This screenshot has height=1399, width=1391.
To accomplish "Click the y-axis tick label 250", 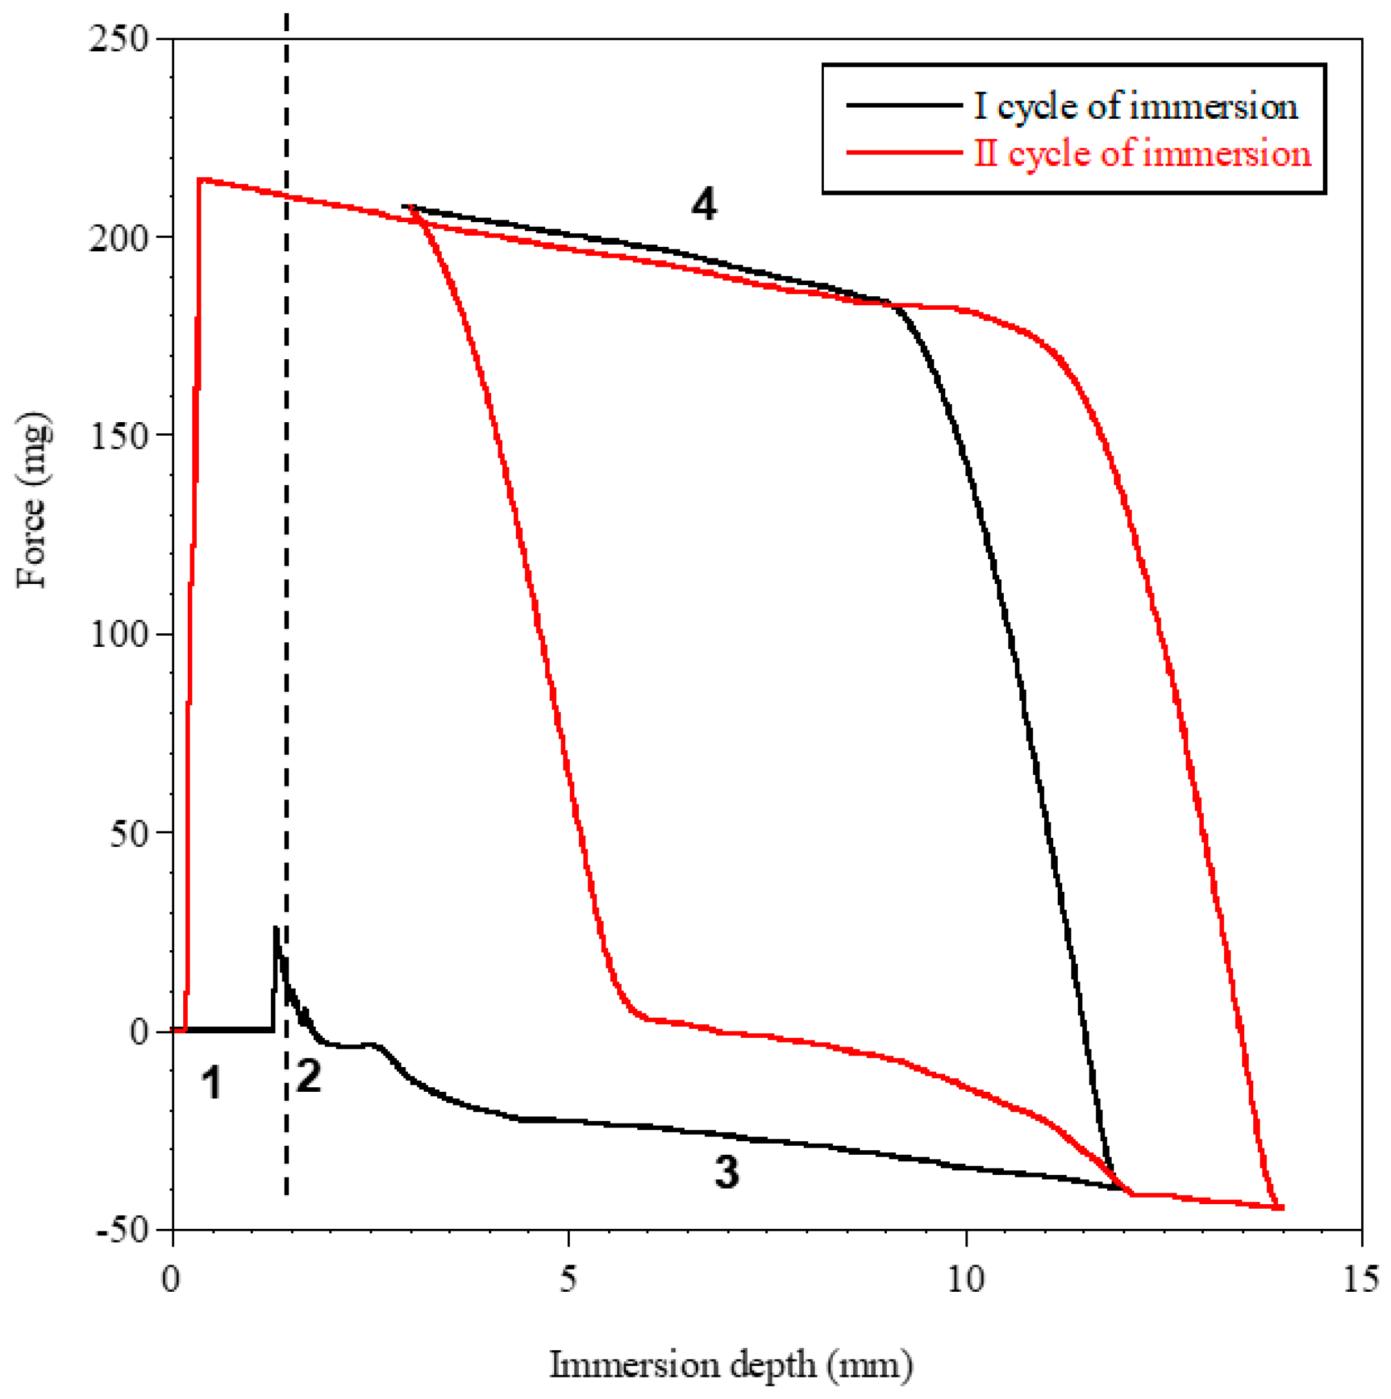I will (x=118, y=39).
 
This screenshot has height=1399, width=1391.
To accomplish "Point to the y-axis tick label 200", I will (x=118, y=238).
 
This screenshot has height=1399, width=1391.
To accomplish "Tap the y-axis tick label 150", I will (x=118, y=436).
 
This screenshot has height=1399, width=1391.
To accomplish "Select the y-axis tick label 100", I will (x=118, y=635).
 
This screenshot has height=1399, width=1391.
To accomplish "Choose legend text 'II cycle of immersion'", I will (x=1143, y=153).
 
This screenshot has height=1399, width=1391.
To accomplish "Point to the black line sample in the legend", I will (x=904, y=106).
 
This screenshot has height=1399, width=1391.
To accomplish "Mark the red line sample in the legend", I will (x=904, y=153).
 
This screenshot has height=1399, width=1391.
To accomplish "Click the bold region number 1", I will (x=211, y=1084).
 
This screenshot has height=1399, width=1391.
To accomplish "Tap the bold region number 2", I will (x=309, y=1077).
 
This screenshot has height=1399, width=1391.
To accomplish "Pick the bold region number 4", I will (x=704, y=205).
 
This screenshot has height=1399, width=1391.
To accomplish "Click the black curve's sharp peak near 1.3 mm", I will (x=275, y=928).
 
